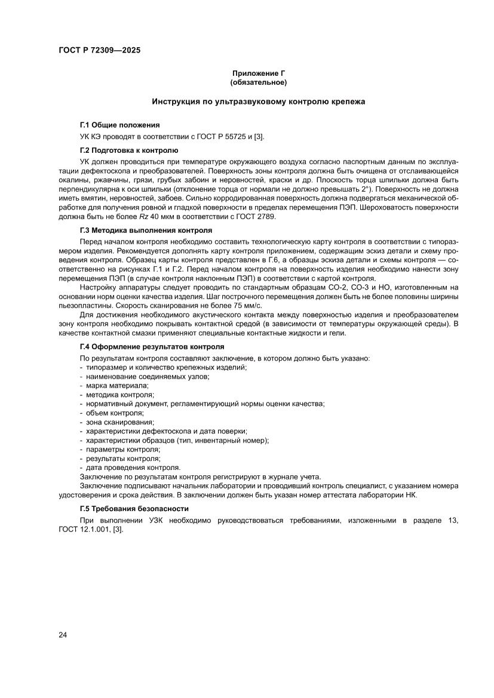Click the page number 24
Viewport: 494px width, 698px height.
coord(63,634)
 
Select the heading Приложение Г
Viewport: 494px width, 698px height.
coord(258,73)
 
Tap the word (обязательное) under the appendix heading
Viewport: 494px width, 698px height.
coord(258,82)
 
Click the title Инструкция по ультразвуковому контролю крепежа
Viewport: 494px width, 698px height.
coord(258,102)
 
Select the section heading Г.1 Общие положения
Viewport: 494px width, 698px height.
coord(119,125)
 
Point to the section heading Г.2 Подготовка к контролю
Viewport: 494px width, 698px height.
coord(128,150)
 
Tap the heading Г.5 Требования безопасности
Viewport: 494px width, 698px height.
coord(134,509)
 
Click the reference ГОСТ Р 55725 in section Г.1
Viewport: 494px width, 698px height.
coord(220,137)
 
